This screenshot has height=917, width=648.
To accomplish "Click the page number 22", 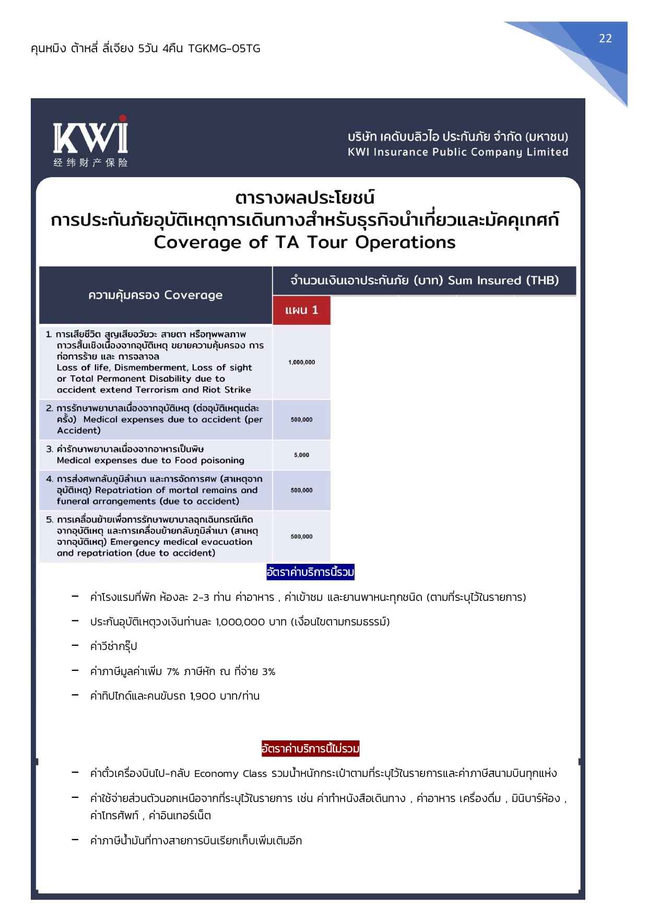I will click(x=605, y=38).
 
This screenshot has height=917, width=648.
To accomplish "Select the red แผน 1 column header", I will click(x=301, y=310).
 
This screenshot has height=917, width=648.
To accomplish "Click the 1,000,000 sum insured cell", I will click(x=301, y=362).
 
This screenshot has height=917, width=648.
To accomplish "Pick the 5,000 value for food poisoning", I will click(x=301, y=455).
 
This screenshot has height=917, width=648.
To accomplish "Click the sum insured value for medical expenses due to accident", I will click(x=301, y=420).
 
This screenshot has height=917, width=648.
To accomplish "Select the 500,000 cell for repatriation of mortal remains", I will click(x=301, y=490).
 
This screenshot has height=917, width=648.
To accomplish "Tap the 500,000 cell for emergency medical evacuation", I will click(x=301, y=537).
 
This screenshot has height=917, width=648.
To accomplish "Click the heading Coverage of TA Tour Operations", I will click(x=304, y=242).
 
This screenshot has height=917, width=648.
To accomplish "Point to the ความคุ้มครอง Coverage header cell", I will click(x=155, y=295).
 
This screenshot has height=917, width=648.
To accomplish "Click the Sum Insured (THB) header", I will click(x=503, y=281).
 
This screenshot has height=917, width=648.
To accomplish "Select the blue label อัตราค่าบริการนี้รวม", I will click(x=310, y=573).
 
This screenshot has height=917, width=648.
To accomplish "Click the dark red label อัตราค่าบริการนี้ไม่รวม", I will click(x=310, y=749).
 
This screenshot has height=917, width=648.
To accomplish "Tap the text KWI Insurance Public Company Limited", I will click(x=458, y=152).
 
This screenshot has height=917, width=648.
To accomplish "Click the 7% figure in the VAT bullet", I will click(x=173, y=671).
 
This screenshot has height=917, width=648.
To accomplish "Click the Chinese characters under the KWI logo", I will click(x=90, y=162).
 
